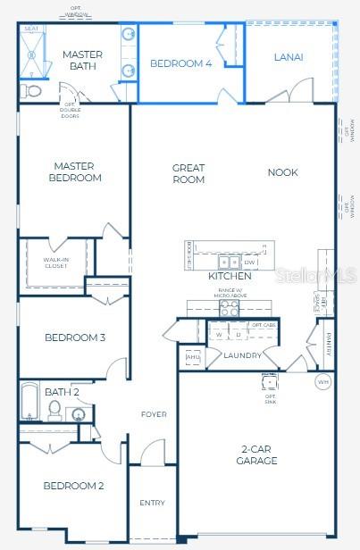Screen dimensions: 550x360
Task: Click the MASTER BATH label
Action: point(82,61)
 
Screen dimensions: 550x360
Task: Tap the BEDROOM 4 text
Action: point(180,63)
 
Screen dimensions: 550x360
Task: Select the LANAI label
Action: point(288,57)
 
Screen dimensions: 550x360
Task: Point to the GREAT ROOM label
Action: point(188,173)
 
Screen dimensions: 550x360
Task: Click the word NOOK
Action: point(282,172)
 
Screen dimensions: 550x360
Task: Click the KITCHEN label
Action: point(230,277)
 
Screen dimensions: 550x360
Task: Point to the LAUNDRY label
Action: point(242,355)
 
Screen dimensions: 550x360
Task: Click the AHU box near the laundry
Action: point(192,357)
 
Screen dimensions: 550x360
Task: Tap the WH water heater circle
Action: point(322,382)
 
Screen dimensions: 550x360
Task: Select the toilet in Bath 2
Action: point(54,409)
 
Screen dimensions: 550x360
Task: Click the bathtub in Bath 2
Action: point(29,402)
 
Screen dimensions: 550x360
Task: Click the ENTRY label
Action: point(152,503)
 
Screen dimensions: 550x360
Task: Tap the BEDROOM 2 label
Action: point(74,486)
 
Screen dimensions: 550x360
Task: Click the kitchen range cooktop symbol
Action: point(230,308)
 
